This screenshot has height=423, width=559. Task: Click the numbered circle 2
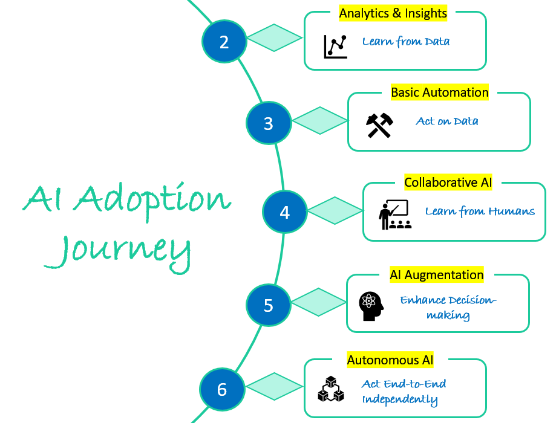point(224,42)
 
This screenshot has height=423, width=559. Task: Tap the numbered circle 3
point(269,123)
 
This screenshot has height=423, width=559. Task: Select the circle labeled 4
point(284,212)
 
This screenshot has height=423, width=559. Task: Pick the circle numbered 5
point(269,305)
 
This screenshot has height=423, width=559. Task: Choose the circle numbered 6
point(222,389)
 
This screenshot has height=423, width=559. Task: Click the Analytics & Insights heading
point(393,13)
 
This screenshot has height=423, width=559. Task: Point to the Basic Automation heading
point(440,92)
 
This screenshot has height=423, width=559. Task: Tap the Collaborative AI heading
point(448,182)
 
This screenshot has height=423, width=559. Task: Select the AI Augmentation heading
point(437,275)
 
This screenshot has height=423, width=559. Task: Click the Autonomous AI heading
point(390,360)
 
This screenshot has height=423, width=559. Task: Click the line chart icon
point(336,46)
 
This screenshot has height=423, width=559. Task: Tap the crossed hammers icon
point(380,124)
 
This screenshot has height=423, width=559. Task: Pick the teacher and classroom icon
point(393,215)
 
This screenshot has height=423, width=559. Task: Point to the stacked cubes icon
point(331,390)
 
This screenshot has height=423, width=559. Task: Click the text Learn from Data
point(406,42)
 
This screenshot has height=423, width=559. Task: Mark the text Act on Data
point(447,121)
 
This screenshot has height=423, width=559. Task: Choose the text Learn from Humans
point(480,211)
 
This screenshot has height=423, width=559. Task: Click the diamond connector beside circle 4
point(335,211)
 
